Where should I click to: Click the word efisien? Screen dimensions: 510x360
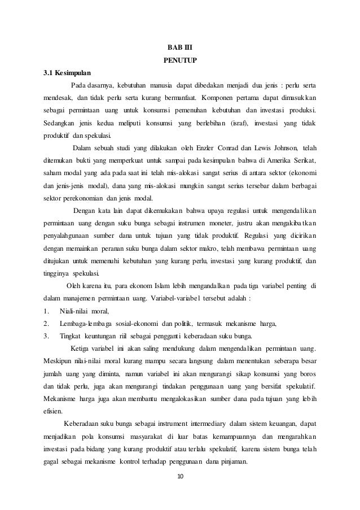pos(55,411)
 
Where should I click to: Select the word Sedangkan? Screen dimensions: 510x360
pos(63,123)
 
